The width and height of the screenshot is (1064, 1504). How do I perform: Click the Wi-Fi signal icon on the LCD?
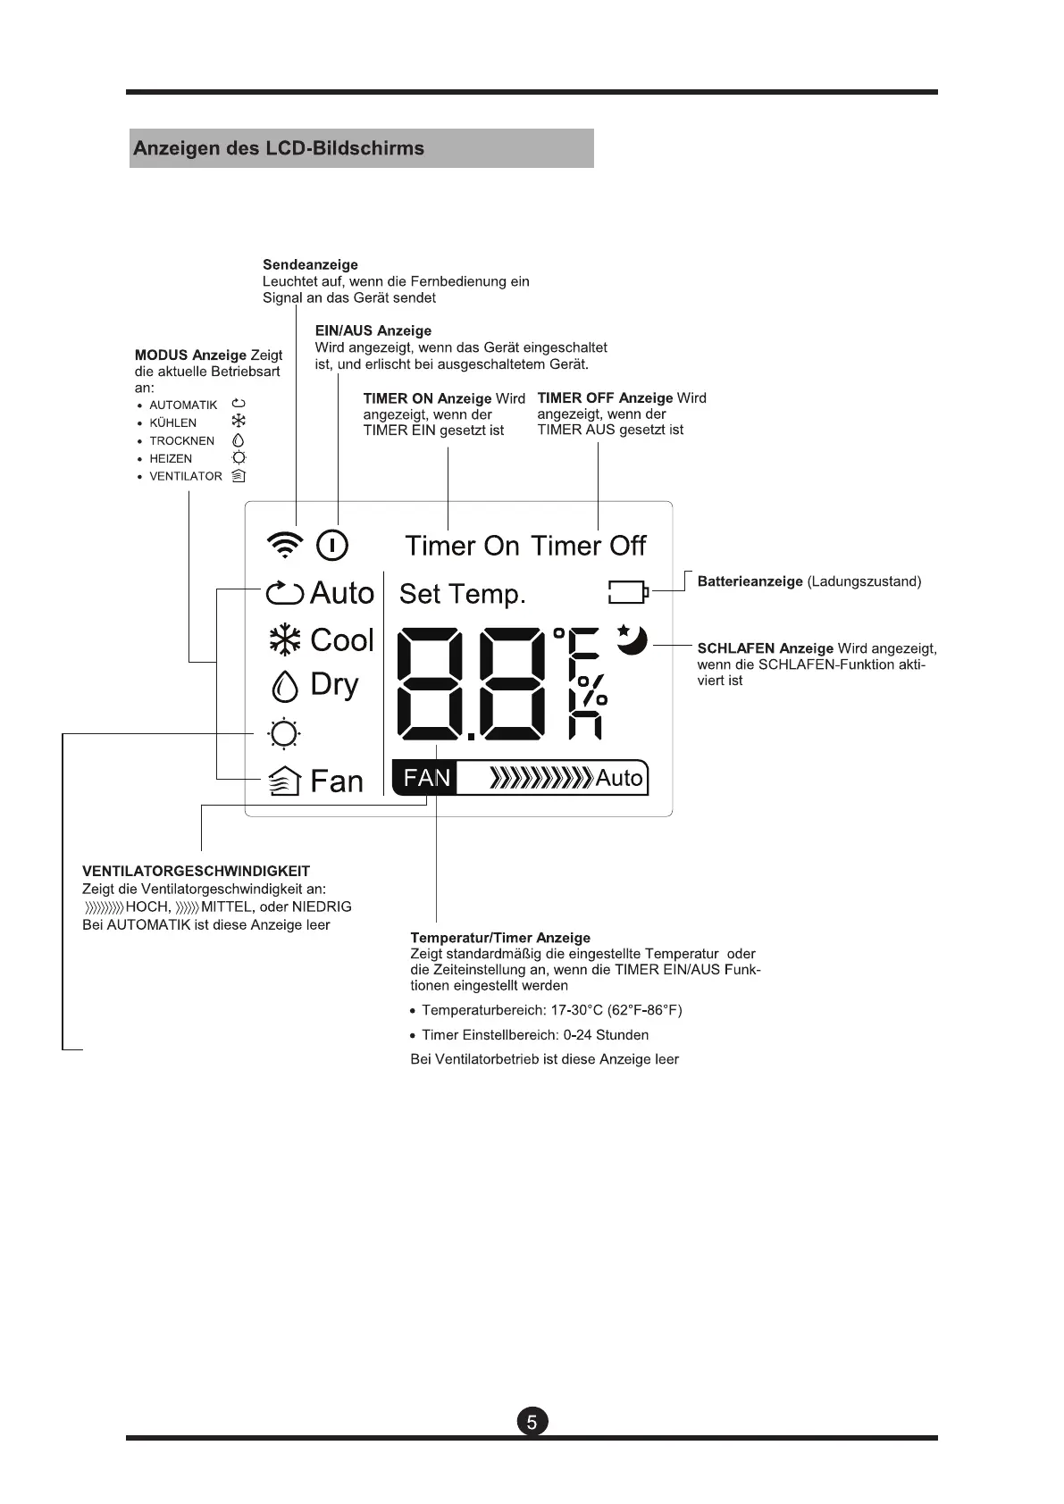click(x=285, y=544)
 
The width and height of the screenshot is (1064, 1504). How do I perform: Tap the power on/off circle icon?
click(x=332, y=545)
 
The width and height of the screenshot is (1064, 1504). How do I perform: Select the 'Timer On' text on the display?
click(x=462, y=546)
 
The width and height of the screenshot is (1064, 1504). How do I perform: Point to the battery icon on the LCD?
click(x=628, y=591)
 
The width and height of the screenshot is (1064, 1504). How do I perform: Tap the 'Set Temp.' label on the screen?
click(x=462, y=594)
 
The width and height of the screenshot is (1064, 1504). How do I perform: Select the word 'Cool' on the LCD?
click(x=342, y=640)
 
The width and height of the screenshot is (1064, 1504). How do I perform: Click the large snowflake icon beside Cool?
click(x=285, y=640)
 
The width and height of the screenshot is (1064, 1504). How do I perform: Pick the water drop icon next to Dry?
click(x=284, y=687)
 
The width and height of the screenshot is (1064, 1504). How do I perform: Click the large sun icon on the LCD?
click(x=284, y=734)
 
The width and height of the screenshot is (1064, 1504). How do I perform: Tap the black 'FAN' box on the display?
click(x=426, y=778)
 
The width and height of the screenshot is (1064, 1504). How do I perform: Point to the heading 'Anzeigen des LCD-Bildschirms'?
click(x=279, y=148)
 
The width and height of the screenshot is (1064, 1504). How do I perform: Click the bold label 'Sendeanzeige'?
click(x=310, y=264)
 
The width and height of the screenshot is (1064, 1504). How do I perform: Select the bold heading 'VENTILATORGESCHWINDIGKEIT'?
click(x=196, y=871)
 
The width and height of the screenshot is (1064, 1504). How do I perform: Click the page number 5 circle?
click(x=532, y=1422)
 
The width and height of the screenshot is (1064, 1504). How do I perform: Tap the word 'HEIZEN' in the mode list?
click(x=171, y=458)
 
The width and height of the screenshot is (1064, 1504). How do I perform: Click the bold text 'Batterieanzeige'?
click(x=750, y=581)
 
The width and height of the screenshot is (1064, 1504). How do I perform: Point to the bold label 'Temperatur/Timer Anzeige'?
click(x=500, y=938)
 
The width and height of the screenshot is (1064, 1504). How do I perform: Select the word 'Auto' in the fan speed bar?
click(x=619, y=779)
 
